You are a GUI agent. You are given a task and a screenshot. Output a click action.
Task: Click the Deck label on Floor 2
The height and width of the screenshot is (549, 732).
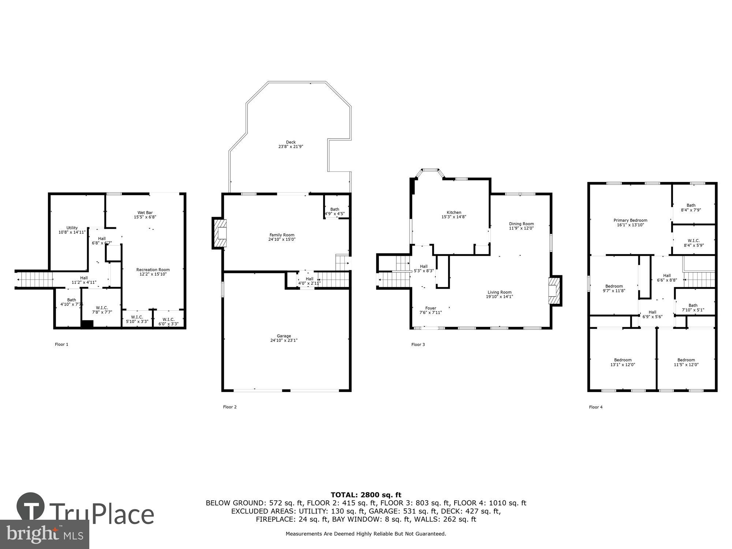[x=291, y=142]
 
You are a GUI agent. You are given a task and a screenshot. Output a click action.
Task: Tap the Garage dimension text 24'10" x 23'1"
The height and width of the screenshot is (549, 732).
[x=284, y=340]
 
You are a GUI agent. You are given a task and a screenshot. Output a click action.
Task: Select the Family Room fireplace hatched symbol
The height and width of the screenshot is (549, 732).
[x=220, y=233]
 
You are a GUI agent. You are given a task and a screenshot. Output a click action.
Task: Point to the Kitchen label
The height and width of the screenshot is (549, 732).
[x=454, y=212]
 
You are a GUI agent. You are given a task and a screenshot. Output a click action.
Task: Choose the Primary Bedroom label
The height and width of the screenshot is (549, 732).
[x=630, y=220]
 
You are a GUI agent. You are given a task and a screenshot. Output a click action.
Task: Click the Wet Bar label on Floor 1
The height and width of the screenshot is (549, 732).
[x=145, y=213]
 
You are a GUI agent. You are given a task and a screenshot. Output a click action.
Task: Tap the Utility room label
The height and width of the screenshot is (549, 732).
[x=72, y=228]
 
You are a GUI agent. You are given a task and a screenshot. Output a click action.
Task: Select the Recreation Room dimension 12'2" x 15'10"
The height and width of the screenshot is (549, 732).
[x=153, y=274]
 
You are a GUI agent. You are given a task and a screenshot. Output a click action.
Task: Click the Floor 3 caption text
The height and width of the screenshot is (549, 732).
[x=418, y=344]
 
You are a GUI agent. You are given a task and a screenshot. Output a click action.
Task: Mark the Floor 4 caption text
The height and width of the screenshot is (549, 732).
[x=595, y=407]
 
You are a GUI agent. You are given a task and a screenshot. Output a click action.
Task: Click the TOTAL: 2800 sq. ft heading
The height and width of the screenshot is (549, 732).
[x=366, y=495]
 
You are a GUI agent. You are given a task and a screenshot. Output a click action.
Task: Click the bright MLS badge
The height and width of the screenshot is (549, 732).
[x=44, y=534]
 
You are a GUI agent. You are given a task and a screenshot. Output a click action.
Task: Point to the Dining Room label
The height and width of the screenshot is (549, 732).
[x=521, y=224]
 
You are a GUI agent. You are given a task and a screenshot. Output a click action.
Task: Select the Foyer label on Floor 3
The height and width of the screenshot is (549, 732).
[x=430, y=308]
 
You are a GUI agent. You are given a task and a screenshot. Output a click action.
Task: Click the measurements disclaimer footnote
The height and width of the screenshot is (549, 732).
[x=366, y=534]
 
